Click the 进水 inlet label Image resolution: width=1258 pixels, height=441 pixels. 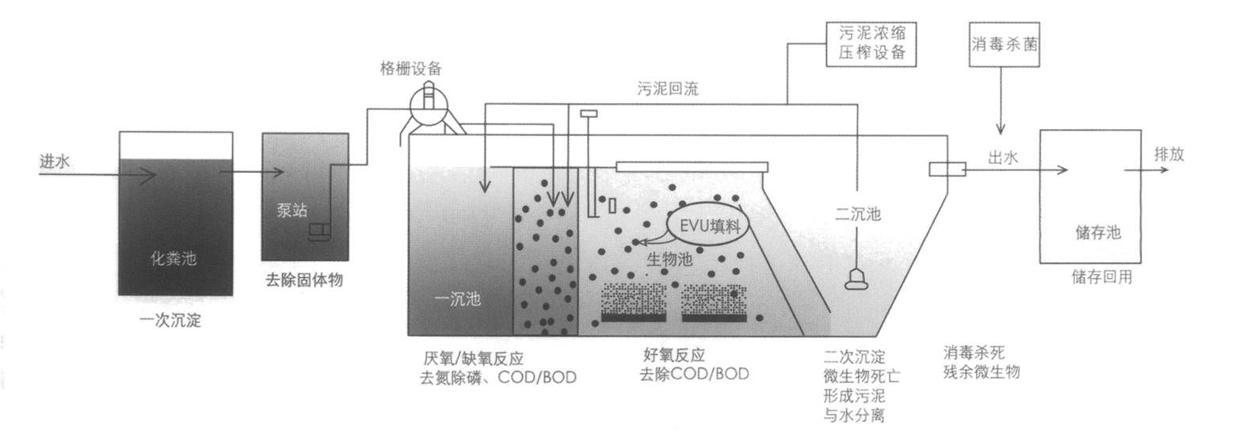(x=55, y=162)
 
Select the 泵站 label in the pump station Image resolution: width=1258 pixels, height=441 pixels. (x=292, y=211)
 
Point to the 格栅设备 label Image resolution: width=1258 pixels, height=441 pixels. (x=410, y=68)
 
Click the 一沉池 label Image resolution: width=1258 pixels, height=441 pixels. (x=458, y=299)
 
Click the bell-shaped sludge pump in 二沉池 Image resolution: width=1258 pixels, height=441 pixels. (x=857, y=279)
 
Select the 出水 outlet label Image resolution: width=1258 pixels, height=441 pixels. (x=1002, y=158)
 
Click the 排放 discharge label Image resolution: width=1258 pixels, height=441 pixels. (x=1168, y=154)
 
